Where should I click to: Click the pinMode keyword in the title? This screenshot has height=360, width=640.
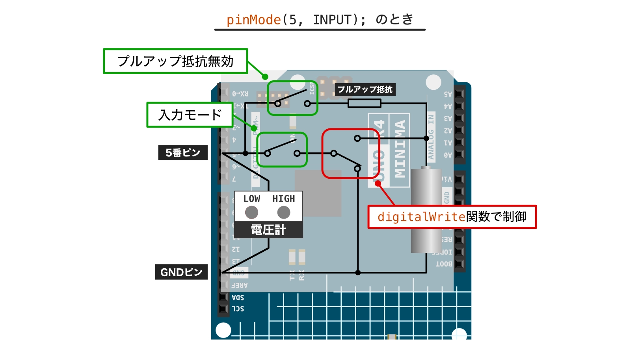pos(253,19)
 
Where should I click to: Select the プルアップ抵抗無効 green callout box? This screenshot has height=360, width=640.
pos(175,61)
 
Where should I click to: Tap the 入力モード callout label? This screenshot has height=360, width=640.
pos(190,115)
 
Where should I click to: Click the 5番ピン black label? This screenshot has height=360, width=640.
pos(183,152)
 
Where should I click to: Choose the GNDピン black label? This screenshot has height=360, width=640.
pos(181,272)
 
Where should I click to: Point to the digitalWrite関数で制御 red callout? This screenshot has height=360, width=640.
pos(452,217)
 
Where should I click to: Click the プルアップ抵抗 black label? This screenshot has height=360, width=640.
pos(365,89)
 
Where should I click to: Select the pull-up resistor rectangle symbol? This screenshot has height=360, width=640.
pos(365,103)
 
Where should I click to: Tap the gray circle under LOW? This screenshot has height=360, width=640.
pos(251,212)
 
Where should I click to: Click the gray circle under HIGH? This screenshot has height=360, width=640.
pos(284,212)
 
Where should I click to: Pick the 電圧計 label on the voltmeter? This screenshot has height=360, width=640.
pos(268,230)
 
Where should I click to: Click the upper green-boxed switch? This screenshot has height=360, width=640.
pos(292,98)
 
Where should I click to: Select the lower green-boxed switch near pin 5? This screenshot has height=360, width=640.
pos(282,150)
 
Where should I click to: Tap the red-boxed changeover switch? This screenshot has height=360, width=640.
pos(350,154)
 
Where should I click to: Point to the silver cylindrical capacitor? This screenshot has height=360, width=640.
pos(426,211)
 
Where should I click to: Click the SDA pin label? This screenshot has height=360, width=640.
pos(238,297)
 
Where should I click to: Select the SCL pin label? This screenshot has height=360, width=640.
pos(238,308)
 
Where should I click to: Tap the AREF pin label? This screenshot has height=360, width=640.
pos(239,285)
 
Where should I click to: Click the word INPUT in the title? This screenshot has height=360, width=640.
pos(332,19)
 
